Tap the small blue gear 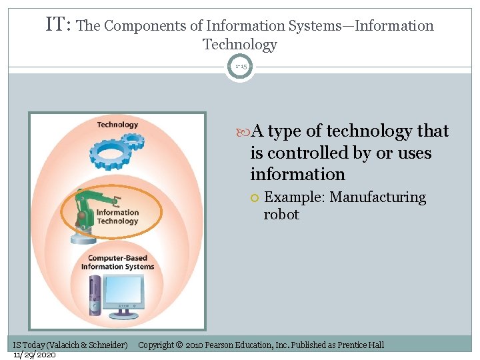(x=134, y=141)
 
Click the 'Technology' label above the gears (x=117, y=125)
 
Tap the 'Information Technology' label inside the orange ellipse (x=118, y=217)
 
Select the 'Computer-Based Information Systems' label (x=117, y=263)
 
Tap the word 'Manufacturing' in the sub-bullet (x=378, y=197)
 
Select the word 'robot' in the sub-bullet (x=281, y=215)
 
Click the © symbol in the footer (x=179, y=345)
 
